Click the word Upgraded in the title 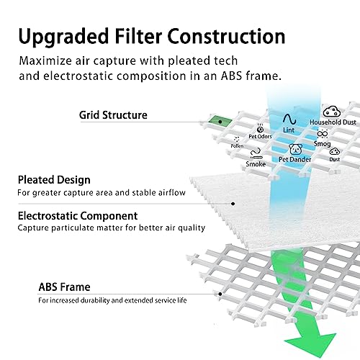pyautogui.click(x=63, y=37)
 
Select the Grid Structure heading pyautogui.click(x=113, y=115)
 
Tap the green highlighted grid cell pyautogui.click(x=220, y=120)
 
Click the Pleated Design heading pyautogui.click(x=54, y=180)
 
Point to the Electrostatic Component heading pyautogui.click(x=78, y=216)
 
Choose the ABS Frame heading pyautogui.click(x=64, y=287)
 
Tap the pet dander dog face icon pyautogui.click(x=295, y=149)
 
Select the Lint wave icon pyautogui.click(x=289, y=119)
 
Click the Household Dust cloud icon pyautogui.click(x=332, y=112)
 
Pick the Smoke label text pyautogui.click(x=256, y=164)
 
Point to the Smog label pyautogui.click(x=322, y=144)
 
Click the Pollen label pyautogui.click(x=237, y=146)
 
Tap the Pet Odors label pyautogui.click(x=260, y=136)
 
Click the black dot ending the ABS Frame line pyautogui.click(x=220, y=294)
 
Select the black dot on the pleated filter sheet pyautogui.click(x=233, y=204)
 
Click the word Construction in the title pyautogui.click(x=226, y=37)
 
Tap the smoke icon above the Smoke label pyautogui.click(x=256, y=153)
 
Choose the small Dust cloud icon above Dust pyautogui.click(x=335, y=151)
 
